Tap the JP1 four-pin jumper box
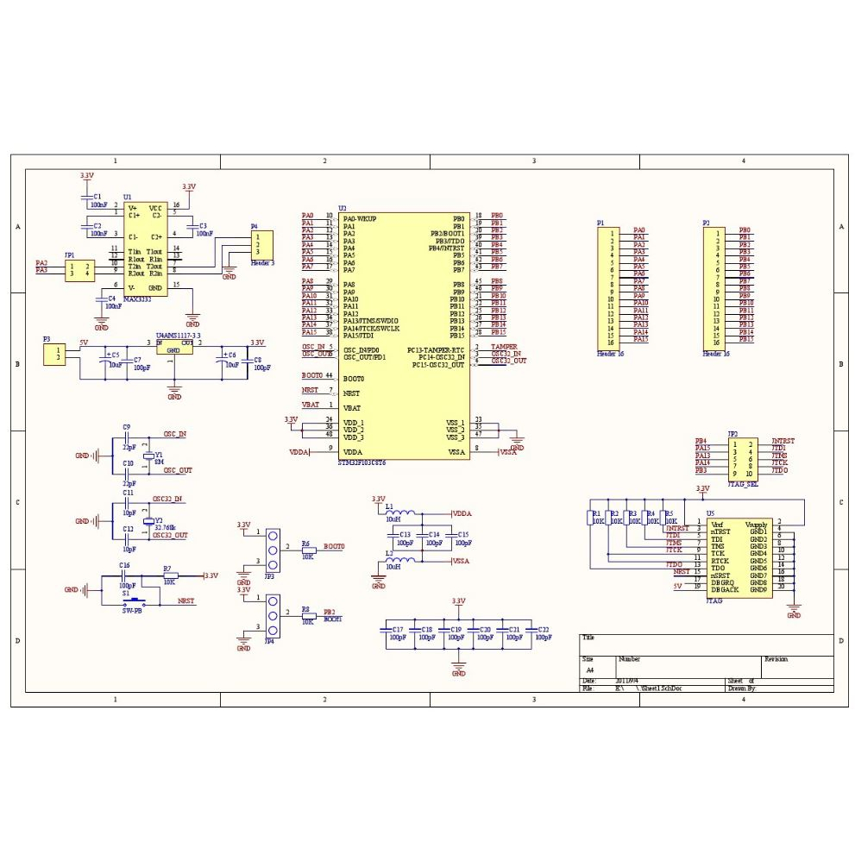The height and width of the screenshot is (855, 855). tap(80, 269)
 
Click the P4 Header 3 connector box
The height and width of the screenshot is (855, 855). tap(261, 243)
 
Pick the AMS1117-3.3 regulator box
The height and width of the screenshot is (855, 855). tap(174, 349)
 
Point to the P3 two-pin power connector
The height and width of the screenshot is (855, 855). tap(54, 354)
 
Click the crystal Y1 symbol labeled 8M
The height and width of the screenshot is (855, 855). tap(148, 456)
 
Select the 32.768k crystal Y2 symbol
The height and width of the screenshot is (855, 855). tap(148, 521)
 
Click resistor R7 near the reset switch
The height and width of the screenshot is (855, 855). tap(169, 575)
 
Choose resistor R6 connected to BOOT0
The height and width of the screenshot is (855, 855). tap(305, 550)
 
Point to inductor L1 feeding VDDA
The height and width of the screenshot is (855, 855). tap(403, 514)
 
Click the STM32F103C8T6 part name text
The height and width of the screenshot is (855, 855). tap(362, 463)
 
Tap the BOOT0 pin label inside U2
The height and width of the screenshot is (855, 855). tap(354, 379)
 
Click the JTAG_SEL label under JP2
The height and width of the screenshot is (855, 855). tap(743, 484)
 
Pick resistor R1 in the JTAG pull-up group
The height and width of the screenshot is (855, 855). tap(591, 519)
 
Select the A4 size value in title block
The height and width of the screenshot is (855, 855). tap(590, 670)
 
